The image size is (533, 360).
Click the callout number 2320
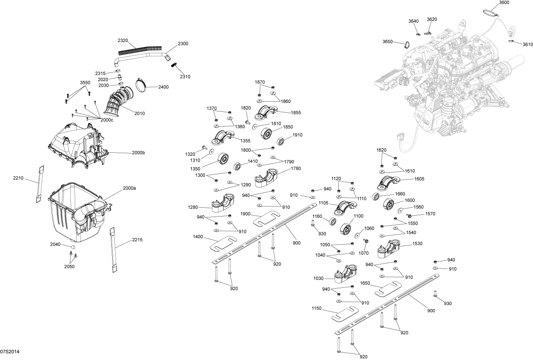click(x=123, y=40)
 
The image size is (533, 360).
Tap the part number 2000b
click(x=138, y=153)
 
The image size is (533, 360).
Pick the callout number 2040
click(x=55, y=244)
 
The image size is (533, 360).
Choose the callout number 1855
click(x=296, y=113)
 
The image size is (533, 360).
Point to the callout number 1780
click(x=296, y=168)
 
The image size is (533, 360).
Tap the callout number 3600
click(x=504, y=3)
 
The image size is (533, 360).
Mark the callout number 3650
click(x=387, y=41)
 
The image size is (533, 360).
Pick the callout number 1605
click(x=419, y=179)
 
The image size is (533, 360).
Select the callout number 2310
click(x=185, y=77)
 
